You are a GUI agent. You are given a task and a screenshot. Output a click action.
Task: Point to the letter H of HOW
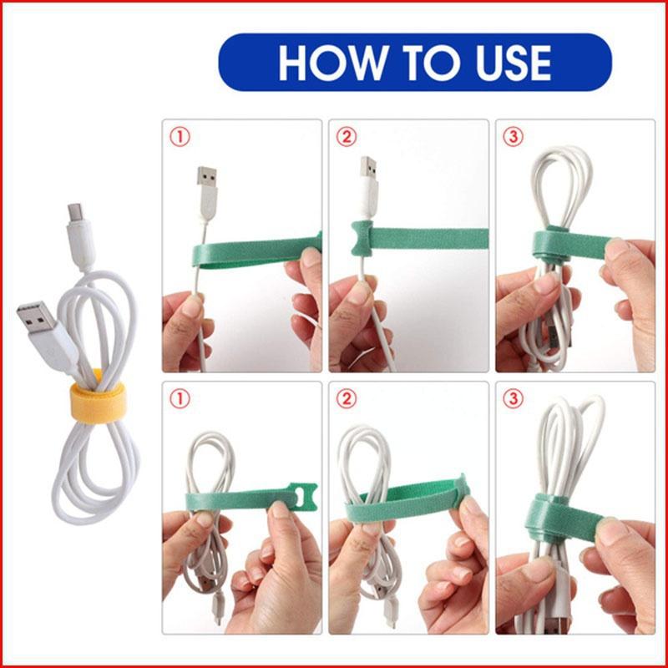[295, 63]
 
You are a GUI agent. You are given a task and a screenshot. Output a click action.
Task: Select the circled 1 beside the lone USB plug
[179, 136]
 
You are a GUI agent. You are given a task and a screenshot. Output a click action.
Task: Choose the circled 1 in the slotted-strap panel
[179, 399]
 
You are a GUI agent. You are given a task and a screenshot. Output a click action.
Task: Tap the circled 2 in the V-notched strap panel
[346, 136]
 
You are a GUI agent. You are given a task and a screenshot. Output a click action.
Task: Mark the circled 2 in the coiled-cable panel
[346, 399]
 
